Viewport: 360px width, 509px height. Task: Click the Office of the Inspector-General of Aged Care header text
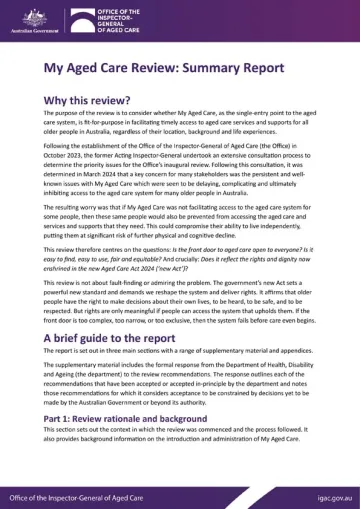[x=113, y=17]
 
